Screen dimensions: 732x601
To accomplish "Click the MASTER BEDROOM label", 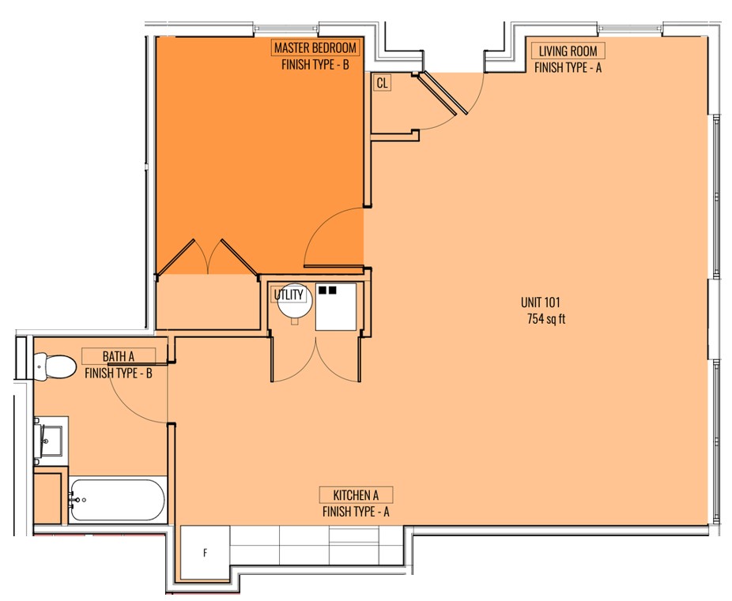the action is [315, 47].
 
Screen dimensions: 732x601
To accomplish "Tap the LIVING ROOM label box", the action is [568, 51].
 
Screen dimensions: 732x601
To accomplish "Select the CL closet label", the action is [382, 83].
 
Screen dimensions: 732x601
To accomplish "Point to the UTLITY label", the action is [289, 295].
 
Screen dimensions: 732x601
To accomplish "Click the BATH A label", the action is [118, 356].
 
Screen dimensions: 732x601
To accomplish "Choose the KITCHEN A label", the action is [356, 494].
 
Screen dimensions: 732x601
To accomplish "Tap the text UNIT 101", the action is [540, 302].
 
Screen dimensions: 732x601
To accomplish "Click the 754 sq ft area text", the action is [545, 319].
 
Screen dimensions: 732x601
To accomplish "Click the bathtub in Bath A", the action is [117, 500].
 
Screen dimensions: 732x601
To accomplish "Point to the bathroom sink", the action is [51, 441].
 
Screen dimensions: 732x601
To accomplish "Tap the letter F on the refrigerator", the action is [205, 553].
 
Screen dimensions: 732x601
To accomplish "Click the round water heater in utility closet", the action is [295, 301].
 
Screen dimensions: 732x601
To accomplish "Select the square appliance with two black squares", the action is [336, 306].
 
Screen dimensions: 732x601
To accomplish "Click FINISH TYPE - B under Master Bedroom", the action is [315, 64].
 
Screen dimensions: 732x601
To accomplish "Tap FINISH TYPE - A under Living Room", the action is [568, 68].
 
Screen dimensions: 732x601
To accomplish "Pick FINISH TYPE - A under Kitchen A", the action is [356, 512].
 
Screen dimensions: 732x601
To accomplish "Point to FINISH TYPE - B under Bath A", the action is [118, 373].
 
